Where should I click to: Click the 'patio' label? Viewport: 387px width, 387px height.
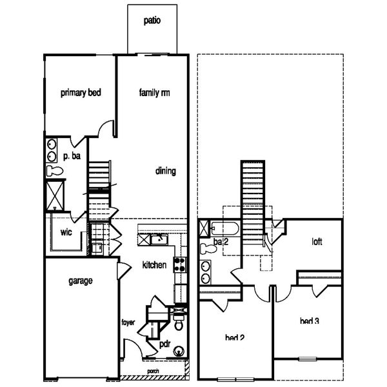pos(152,20)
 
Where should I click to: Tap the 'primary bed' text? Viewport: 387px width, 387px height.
pos(80,93)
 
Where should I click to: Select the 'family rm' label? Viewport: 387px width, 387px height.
pos(155,93)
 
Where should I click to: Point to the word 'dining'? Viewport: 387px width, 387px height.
pos(166,172)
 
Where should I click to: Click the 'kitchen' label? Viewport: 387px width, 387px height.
pos(155,265)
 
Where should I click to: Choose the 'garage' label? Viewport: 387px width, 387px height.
pos(81,281)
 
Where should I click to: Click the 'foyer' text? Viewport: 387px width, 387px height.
pos(129,322)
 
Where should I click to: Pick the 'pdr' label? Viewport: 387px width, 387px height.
pos(164,344)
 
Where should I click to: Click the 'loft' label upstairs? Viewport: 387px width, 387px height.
pos(317,243)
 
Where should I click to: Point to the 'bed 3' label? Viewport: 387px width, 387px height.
pos(310,321)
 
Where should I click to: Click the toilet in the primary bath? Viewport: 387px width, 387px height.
pos(54,171)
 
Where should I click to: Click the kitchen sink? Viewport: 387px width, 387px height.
pos(157,239)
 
